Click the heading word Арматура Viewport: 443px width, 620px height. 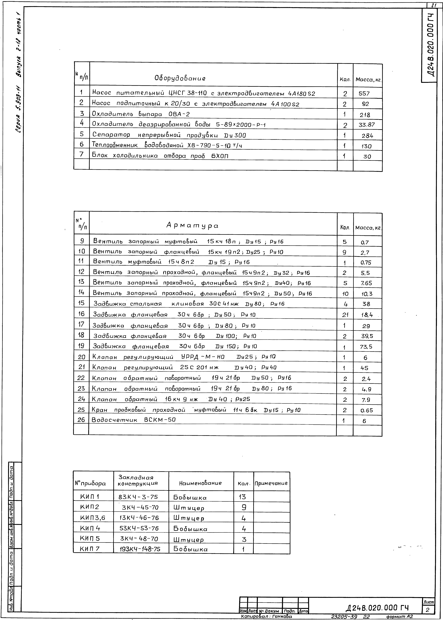coord(192,226)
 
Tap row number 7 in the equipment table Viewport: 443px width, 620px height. coord(81,155)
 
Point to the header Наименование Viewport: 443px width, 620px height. coord(200,483)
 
